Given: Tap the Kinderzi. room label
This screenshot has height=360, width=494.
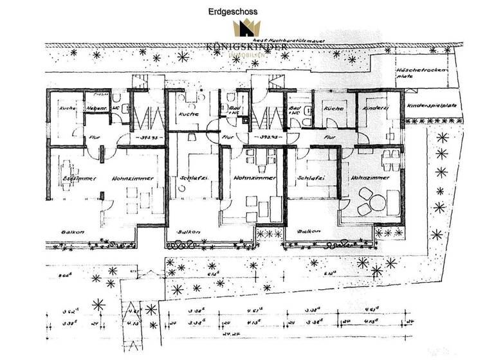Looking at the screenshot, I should [x=376, y=109].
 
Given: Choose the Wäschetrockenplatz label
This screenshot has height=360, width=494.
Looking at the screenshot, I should [x=431, y=72].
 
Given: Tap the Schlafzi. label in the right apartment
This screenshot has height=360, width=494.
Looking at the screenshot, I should [x=311, y=177].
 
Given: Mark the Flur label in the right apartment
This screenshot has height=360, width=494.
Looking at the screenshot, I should [x=329, y=138].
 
